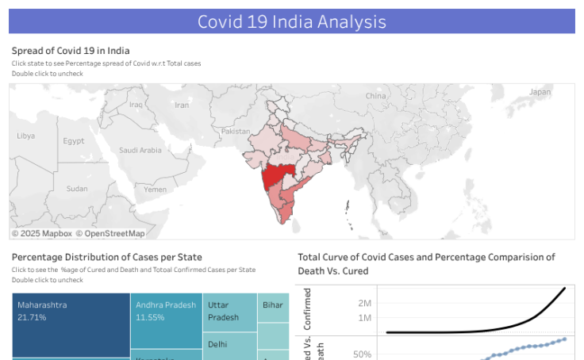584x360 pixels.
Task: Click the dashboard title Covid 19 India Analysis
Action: (x=291, y=21)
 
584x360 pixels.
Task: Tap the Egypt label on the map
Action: (x=74, y=141)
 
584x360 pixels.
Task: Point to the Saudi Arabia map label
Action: (x=140, y=150)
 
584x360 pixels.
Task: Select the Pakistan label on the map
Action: (x=235, y=131)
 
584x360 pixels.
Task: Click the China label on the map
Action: (x=375, y=96)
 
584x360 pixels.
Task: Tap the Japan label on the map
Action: (x=540, y=92)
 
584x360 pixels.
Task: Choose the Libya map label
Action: (x=25, y=136)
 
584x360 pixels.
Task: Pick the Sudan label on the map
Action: (x=77, y=189)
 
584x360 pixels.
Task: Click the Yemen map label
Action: (x=155, y=190)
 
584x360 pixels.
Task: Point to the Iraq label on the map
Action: (x=136, y=104)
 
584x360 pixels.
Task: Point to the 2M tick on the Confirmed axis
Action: (x=364, y=303)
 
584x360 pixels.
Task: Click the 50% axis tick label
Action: (x=363, y=354)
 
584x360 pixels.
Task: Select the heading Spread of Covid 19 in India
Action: (x=71, y=51)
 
